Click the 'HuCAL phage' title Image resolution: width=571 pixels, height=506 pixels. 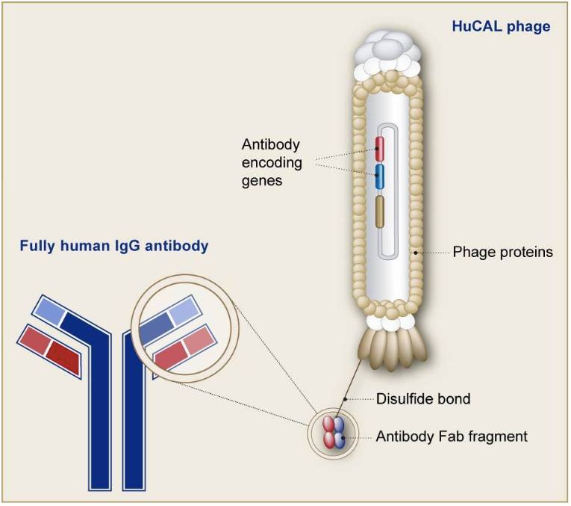tap(501, 26)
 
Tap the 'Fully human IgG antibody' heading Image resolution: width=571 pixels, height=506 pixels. tap(114, 246)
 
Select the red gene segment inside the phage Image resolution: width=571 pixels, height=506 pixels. tap(380, 149)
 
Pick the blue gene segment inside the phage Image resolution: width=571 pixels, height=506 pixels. tap(380, 176)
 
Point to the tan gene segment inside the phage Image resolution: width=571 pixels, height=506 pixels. tap(380, 212)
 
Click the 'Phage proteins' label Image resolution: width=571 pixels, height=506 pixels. tap(502, 253)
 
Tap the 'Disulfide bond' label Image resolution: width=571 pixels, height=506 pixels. tap(423, 399)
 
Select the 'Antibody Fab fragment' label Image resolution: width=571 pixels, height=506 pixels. tap(452, 436)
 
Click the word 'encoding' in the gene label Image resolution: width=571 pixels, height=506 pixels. tap(272, 163)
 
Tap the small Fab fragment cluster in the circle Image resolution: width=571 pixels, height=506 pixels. tap(333, 433)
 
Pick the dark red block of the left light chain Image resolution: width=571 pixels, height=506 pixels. tap(63, 358)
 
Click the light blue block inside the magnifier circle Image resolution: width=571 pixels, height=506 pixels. tap(184, 311)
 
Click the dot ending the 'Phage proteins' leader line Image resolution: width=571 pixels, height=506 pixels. tap(416, 253)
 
